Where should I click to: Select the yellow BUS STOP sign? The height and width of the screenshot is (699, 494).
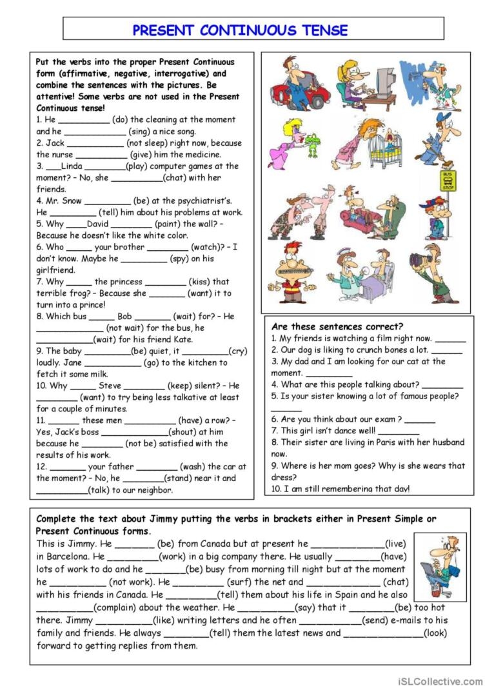click(x=448, y=180)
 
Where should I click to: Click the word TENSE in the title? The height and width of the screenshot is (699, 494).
click(x=324, y=30)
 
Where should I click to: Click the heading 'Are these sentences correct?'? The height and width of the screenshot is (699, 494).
click(x=337, y=326)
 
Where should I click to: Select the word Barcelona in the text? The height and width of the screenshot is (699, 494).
click(x=61, y=556)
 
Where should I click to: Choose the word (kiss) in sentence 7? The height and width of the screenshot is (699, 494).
click(x=201, y=282)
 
